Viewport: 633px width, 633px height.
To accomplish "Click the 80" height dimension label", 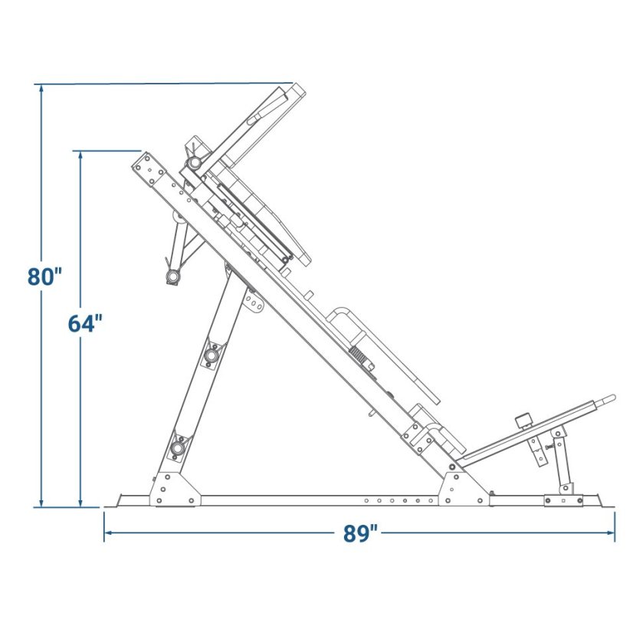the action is pyautogui.click(x=44, y=277).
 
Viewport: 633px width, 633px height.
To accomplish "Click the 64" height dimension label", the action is pyautogui.click(x=85, y=323).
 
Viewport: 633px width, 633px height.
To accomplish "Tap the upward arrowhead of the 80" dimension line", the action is pyautogui.click(x=41, y=89).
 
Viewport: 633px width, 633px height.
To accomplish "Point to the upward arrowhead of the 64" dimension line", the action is pyautogui.click(x=80, y=156).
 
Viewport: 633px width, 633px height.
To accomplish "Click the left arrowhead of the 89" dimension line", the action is pyautogui.click(x=109, y=532).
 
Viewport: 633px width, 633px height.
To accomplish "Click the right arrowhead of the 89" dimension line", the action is pyautogui.click(x=610, y=532).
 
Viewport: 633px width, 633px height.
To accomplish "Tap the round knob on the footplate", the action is pyautogui.click(x=523, y=420).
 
